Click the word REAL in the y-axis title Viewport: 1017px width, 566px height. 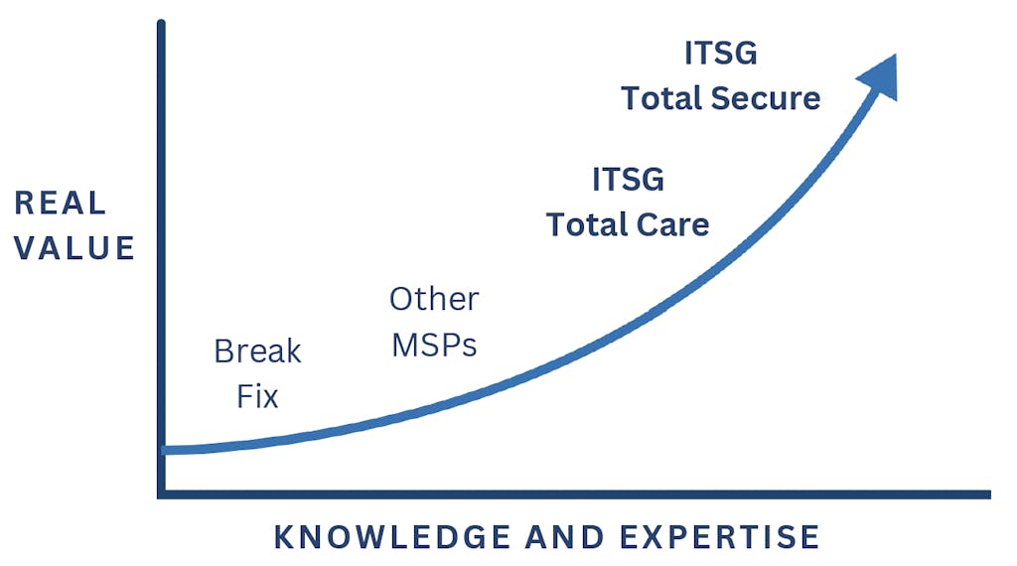tap(61, 203)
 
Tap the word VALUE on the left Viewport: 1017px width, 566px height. tap(74, 248)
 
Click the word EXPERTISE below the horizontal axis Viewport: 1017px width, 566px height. tap(720, 537)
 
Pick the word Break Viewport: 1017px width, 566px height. tap(257, 352)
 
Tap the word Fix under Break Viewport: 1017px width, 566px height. tap(257, 397)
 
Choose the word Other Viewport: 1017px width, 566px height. tap(434, 300)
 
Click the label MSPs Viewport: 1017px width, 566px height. tap(434, 345)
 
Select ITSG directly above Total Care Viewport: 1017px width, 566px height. tap(628, 180)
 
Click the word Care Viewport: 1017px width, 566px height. tap(672, 225)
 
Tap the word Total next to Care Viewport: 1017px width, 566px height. tap(587, 225)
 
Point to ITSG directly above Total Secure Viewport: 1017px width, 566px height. tap(721, 54)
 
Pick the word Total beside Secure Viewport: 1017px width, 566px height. tap(661, 98)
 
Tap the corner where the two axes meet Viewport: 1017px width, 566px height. tap(162, 495)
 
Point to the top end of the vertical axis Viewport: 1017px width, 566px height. tap(162, 23)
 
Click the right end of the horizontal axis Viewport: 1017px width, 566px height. tap(990, 495)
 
